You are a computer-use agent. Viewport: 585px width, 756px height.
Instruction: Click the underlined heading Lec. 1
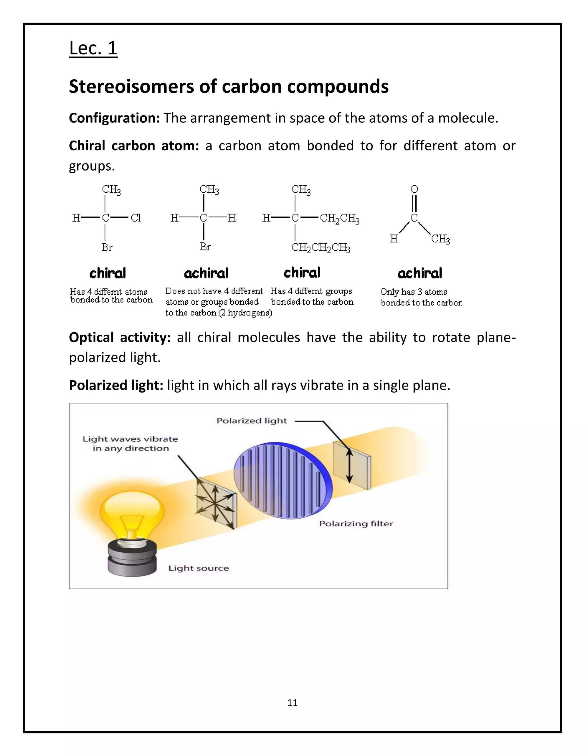[93, 48]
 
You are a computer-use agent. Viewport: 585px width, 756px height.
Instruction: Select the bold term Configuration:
[114, 118]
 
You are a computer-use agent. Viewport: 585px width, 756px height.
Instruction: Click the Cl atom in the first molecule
[135, 218]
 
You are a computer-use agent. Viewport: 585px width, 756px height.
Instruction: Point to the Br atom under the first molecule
[107, 248]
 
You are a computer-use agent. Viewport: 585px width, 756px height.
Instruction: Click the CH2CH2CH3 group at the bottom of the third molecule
[320, 248]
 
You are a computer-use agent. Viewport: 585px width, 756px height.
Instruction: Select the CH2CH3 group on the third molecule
[339, 219]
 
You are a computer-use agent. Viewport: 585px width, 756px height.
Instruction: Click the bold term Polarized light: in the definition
[116, 385]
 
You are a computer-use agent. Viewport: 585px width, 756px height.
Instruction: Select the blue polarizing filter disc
[283, 481]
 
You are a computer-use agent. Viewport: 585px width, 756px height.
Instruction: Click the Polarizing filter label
[356, 524]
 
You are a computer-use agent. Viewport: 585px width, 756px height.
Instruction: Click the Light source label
[199, 568]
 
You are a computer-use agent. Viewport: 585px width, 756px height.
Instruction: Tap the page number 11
[292, 703]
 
